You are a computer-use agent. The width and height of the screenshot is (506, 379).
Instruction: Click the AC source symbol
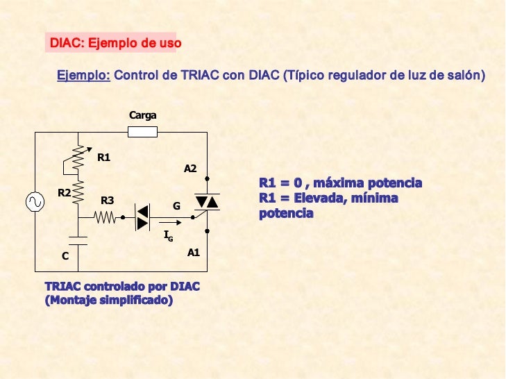pyautogui.click(x=34, y=202)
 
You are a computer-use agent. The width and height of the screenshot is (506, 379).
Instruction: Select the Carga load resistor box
pyautogui.click(x=143, y=132)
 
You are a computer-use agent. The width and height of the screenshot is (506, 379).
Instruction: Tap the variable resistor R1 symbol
pyautogui.click(x=78, y=160)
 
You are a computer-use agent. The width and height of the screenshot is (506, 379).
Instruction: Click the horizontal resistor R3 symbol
pyautogui.click(x=106, y=217)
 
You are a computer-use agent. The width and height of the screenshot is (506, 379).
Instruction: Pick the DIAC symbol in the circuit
pyautogui.click(x=142, y=217)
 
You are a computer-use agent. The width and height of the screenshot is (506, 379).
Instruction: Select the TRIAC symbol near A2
pyautogui.click(x=207, y=202)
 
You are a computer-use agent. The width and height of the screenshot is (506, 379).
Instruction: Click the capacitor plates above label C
pyautogui.click(x=78, y=240)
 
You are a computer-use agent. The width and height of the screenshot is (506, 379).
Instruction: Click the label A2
pyautogui.click(x=190, y=169)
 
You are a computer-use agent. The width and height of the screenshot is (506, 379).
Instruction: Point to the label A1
pyautogui.click(x=194, y=253)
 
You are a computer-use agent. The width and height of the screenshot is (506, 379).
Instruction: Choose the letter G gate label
pyautogui.click(x=176, y=206)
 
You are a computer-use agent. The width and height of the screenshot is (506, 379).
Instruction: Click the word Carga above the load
pyautogui.click(x=142, y=115)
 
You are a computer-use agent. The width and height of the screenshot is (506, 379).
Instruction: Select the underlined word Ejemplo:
pyautogui.click(x=83, y=75)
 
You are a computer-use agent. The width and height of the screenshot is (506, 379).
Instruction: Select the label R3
pyautogui.click(x=108, y=201)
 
